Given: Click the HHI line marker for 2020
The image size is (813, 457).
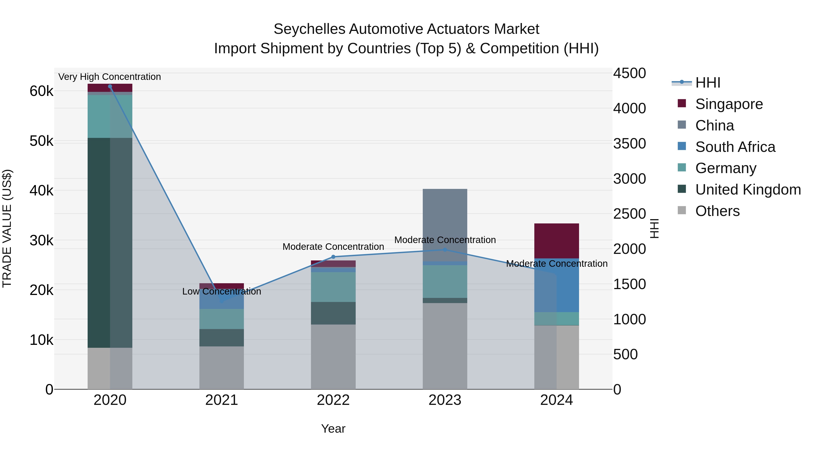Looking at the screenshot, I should click(110, 86).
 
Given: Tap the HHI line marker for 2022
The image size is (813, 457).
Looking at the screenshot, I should click(333, 257).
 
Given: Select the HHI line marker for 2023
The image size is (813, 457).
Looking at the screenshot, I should click(445, 250).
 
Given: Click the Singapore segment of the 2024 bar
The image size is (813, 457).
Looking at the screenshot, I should click(556, 241).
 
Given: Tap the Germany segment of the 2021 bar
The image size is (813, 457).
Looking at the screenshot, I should click(222, 319).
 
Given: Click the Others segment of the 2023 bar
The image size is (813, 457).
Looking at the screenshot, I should click(445, 346).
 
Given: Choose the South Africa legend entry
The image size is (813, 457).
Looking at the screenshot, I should click(735, 147).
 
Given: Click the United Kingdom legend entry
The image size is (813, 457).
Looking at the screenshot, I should click(748, 190).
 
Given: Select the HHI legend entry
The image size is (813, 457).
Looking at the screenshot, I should click(708, 83).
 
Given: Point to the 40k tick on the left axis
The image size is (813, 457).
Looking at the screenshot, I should click(41, 191).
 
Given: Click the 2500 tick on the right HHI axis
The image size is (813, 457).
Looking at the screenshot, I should click(629, 214).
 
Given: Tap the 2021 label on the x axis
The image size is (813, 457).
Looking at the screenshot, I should click(222, 400).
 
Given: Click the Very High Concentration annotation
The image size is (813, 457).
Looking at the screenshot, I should click(110, 77).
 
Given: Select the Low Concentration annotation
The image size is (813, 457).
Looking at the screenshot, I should click(222, 291).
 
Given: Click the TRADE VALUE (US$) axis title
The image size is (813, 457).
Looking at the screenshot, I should click(7, 228).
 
